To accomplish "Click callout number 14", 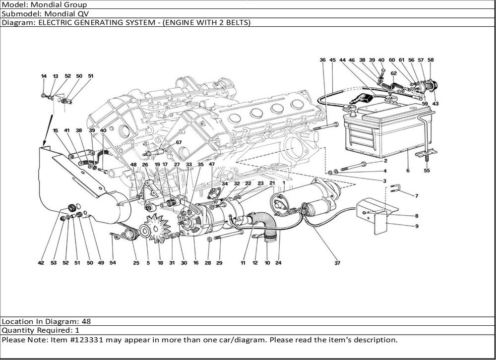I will (x=44, y=76).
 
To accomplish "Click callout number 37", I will (x=337, y=263).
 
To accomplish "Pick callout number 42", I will (x=41, y=263).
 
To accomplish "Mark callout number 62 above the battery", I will (x=393, y=73).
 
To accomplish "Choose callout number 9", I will (x=417, y=226).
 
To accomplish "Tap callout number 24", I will (x=278, y=263).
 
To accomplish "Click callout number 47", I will (x=212, y=164).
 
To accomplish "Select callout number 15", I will (x=56, y=130).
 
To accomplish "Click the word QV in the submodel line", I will (x=70, y=13).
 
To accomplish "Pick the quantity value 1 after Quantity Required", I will (x=77, y=330).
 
